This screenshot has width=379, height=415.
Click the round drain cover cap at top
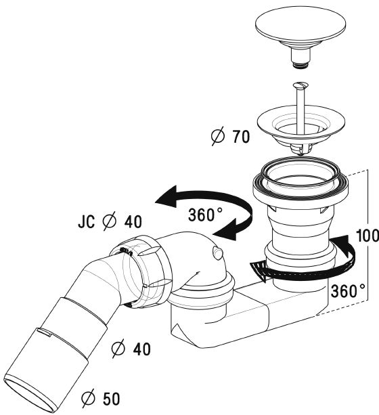point(300,26)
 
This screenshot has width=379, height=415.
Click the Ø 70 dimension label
point(231,136)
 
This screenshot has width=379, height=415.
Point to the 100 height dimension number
point(367,236)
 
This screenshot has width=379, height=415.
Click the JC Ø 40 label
point(110,221)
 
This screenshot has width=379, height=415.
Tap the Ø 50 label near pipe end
point(101,399)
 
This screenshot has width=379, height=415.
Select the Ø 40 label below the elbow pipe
point(131,349)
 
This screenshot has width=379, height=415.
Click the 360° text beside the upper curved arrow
point(205,215)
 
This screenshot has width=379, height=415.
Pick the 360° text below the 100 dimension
point(348,291)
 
